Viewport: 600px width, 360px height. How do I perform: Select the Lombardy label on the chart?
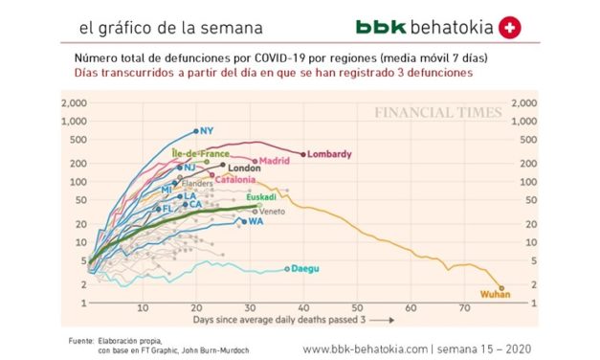tap(331, 154)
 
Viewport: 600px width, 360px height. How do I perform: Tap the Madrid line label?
tap(275, 161)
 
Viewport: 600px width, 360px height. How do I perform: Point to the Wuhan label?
tap(491, 295)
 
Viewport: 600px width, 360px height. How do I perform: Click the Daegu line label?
tap(305, 269)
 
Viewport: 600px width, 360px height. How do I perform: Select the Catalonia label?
tap(233, 179)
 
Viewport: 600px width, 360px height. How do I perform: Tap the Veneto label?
tap(273, 211)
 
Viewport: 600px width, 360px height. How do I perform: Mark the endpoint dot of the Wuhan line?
tap(500, 286)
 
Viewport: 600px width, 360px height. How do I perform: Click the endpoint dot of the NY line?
tap(196, 131)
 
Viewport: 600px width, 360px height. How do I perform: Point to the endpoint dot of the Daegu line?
tap(285, 269)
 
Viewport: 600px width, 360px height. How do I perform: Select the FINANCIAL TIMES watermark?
tap(437, 112)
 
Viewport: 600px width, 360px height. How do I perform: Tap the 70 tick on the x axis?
tap(463, 308)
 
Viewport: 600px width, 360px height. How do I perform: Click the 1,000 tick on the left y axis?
tap(73, 122)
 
